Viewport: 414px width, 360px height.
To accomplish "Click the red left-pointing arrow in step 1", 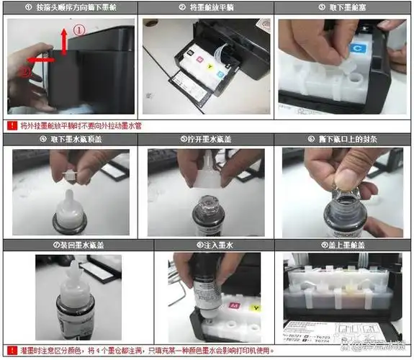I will [x=40, y=60].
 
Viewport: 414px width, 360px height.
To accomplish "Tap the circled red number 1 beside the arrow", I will [x=80, y=32].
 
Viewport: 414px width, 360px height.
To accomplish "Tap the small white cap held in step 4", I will [x=71, y=174].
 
